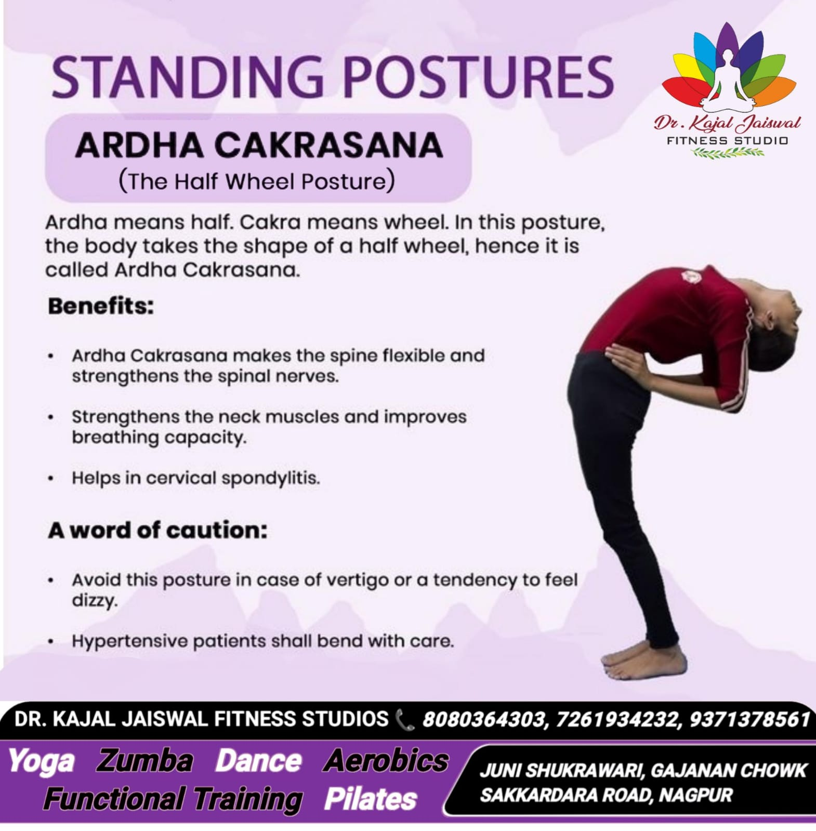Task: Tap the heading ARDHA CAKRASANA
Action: pos(259,145)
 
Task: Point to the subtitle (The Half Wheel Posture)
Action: pos(257,181)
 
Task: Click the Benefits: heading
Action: pos(101,306)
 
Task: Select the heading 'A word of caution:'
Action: pos(157,530)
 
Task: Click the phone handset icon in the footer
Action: pos(405,720)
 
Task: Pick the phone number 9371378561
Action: pos(749,719)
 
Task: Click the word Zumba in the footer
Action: pos(144,761)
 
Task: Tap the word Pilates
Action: pos(371,799)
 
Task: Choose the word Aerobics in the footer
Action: pos(386,761)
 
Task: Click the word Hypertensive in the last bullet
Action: pos(130,641)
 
